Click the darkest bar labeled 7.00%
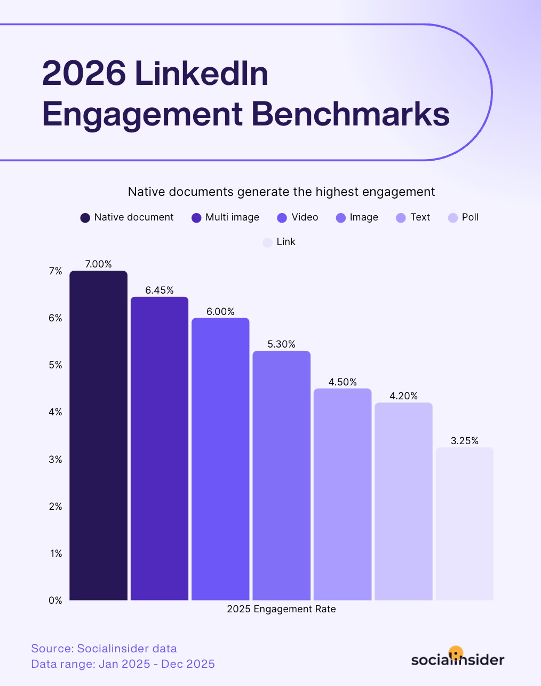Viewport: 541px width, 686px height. click(x=99, y=435)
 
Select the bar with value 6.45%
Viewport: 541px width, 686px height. click(x=160, y=448)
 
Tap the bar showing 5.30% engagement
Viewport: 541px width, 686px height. click(x=281, y=475)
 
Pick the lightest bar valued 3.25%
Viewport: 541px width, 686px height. click(x=464, y=523)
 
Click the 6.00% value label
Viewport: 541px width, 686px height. click(x=220, y=312)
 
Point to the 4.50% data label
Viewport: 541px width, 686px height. click(x=343, y=382)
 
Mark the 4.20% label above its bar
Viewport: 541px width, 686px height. click(x=403, y=396)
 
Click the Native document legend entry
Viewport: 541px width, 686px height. click(x=127, y=217)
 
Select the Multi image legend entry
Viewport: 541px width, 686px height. click(x=225, y=217)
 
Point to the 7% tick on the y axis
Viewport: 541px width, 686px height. click(x=55, y=271)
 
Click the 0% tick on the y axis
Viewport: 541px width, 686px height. click(x=55, y=601)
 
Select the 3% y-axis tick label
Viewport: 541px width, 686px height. click(x=55, y=460)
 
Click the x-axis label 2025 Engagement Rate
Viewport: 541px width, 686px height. click(x=281, y=609)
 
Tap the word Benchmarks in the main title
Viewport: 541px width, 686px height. click(x=351, y=114)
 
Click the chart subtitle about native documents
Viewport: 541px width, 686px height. click(x=281, y=192)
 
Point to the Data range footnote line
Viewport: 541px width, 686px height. click(x=123, y=664)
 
